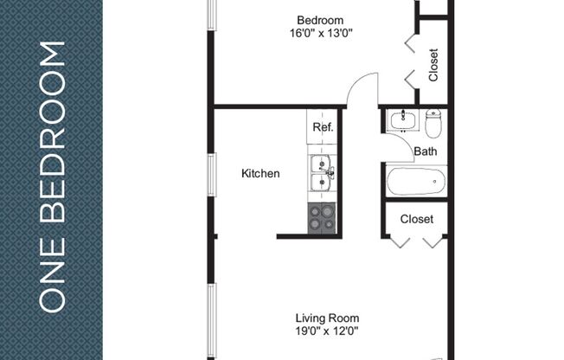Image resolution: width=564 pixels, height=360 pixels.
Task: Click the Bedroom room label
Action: (x=320, y=20)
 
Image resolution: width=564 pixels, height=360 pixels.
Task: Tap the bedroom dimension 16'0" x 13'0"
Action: (x=320, y=34)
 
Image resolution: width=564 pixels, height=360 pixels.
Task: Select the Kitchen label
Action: (x=260, y=173)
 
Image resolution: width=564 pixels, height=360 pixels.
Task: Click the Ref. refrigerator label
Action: (x=323, y=127)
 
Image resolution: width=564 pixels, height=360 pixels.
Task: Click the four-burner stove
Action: (x=322, y=218)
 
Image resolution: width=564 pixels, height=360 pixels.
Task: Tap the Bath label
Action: (x=425, y=151)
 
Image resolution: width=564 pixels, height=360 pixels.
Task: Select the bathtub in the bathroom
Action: (x=415, y=181)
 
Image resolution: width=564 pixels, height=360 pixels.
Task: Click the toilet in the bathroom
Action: (x=433, y=123)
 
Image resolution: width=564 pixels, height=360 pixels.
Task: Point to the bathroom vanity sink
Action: (x=401, y=120)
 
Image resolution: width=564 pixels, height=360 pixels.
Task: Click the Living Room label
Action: (x=327, y=318)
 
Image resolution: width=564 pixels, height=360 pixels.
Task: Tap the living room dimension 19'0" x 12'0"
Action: (x=327, y=331)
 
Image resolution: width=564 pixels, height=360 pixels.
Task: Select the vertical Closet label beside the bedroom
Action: (x=433, y=64)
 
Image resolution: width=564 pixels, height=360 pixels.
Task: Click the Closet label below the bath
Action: (x=416, y=219)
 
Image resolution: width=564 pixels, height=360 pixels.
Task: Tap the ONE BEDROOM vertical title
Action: (x=53, y=177)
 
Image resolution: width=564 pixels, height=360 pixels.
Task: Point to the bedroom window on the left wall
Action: (x=210, y=16)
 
